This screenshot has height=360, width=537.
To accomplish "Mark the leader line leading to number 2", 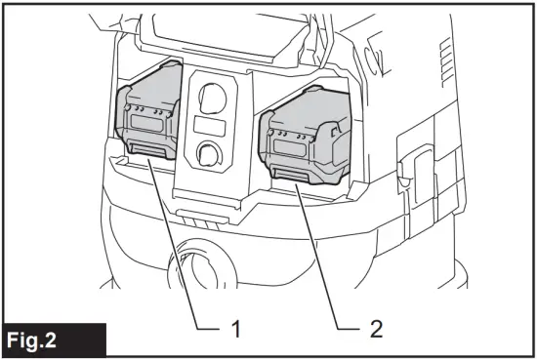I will [x=327, y=254].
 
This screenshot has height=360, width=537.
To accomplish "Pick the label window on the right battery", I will [x=294, y=147].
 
